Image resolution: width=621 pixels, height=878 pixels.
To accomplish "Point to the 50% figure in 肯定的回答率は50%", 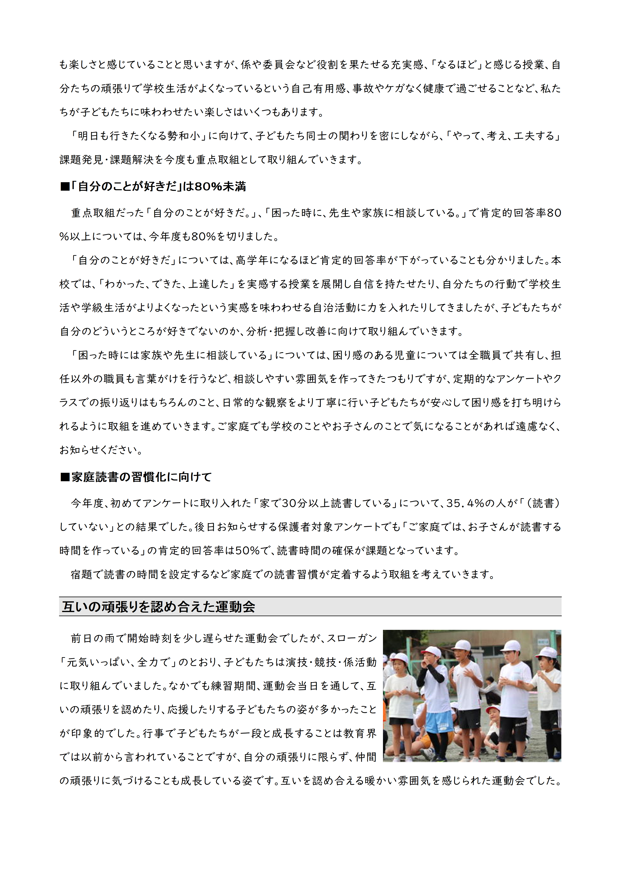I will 247,551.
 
